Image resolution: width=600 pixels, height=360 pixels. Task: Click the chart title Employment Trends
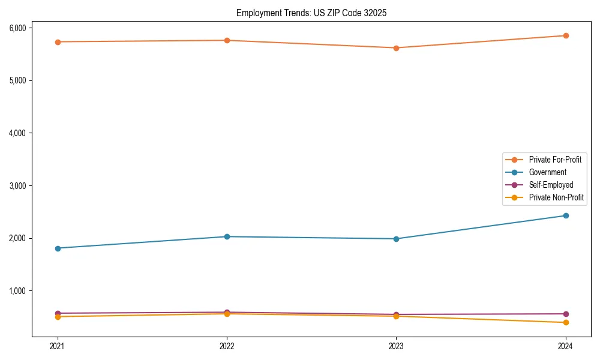tap(315, 13)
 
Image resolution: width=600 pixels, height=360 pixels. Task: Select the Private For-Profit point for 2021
tap(58, 42)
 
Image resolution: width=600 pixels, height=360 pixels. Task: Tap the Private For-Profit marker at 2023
tap(396, 48)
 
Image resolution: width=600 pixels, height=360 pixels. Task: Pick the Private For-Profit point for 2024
tap(565, 35)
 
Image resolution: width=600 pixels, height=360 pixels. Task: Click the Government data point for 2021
tap(58, 248)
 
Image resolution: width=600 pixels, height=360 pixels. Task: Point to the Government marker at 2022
tap(227, 236)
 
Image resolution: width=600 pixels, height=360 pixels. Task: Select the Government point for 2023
tap(396, 239)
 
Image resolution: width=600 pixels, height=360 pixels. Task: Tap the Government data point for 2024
tap(565, 215)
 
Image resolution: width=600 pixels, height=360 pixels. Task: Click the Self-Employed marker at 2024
tap(565, 314)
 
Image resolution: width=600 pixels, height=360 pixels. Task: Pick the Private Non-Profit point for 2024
tap(565, 323)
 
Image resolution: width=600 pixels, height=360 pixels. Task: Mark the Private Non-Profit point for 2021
tap(58, 317)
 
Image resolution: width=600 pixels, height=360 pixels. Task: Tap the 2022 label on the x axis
tap(227, 346)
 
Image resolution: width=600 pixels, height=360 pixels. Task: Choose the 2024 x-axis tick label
tap(565, 346)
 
